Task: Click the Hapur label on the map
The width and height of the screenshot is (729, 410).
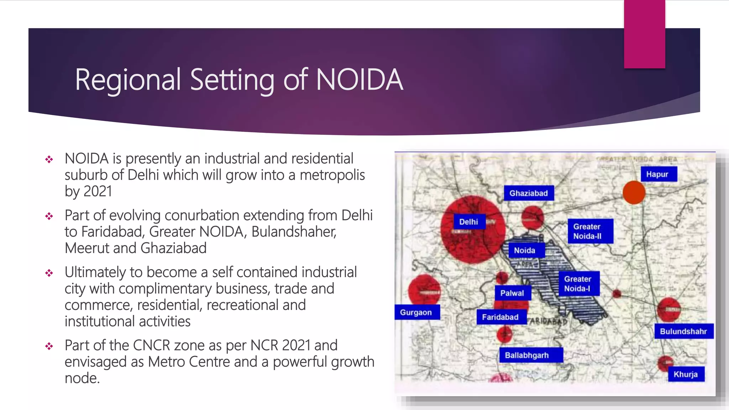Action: [x=659, y=174]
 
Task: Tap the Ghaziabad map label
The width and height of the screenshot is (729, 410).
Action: [x=529, y=193]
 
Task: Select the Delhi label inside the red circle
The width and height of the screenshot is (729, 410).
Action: [x=469, y=222]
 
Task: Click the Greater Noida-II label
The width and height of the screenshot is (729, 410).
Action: [x=590, y=231]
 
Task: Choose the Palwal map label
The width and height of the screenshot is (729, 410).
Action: [x=513, y=293]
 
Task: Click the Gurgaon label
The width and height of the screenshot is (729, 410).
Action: [x=417, y=312]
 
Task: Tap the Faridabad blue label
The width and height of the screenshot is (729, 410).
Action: [x=501, y=317]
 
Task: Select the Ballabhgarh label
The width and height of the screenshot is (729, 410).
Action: [x=530, y=355]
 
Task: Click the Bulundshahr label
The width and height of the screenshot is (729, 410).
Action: [x=684, y=331]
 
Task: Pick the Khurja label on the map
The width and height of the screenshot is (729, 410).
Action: [x=686, y=374]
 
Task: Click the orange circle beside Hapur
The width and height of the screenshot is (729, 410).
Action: [x=634, y=193]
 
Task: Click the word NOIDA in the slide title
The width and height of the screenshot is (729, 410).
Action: [x=360, y=80]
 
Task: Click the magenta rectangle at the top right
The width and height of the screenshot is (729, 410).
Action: [x=644, y=34]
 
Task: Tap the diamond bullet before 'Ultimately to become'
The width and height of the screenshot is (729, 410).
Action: [x=49, y=273]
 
